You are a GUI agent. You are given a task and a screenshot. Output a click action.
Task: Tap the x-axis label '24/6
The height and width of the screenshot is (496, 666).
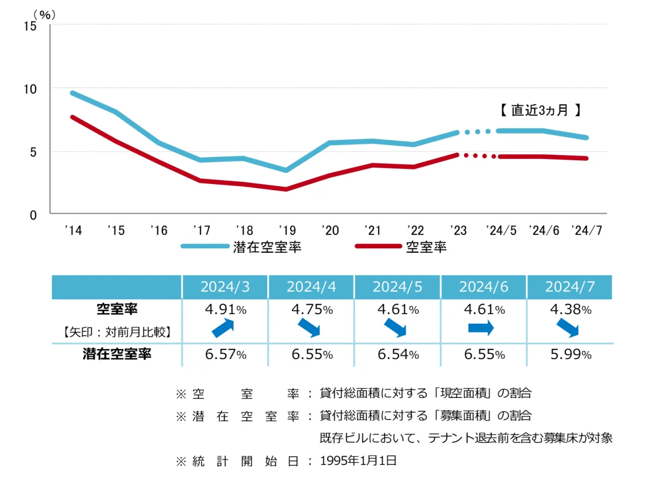(x=543, y=231)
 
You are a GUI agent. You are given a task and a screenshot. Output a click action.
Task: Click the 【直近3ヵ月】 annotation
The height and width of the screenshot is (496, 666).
(x=539, y=110)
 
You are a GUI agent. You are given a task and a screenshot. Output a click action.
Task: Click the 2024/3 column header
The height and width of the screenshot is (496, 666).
(x=225, y=287)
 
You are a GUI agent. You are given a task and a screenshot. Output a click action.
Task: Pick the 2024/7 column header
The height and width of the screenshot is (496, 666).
(x=569, y=287)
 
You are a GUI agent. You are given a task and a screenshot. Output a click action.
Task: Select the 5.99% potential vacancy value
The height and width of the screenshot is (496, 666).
(x=569, y=355)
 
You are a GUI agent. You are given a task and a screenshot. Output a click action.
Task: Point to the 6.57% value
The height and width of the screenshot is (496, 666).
(x=225, y=355)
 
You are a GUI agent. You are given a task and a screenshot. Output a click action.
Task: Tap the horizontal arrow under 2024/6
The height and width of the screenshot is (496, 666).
(x=481, y=329)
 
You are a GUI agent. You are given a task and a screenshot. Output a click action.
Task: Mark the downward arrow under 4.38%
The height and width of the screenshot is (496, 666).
(x=568, y=329)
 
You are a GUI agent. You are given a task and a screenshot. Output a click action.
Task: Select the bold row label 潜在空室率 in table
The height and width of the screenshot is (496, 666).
(x=117, y=355)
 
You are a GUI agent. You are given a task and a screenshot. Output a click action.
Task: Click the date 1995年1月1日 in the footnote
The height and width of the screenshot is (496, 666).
(x=359, y=461)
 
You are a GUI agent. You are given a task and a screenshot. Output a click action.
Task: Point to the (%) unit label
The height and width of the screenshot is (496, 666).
(x=44, y=15)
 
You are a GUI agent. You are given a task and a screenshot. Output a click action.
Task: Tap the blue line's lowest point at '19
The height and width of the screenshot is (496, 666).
(x=286, y=170)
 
